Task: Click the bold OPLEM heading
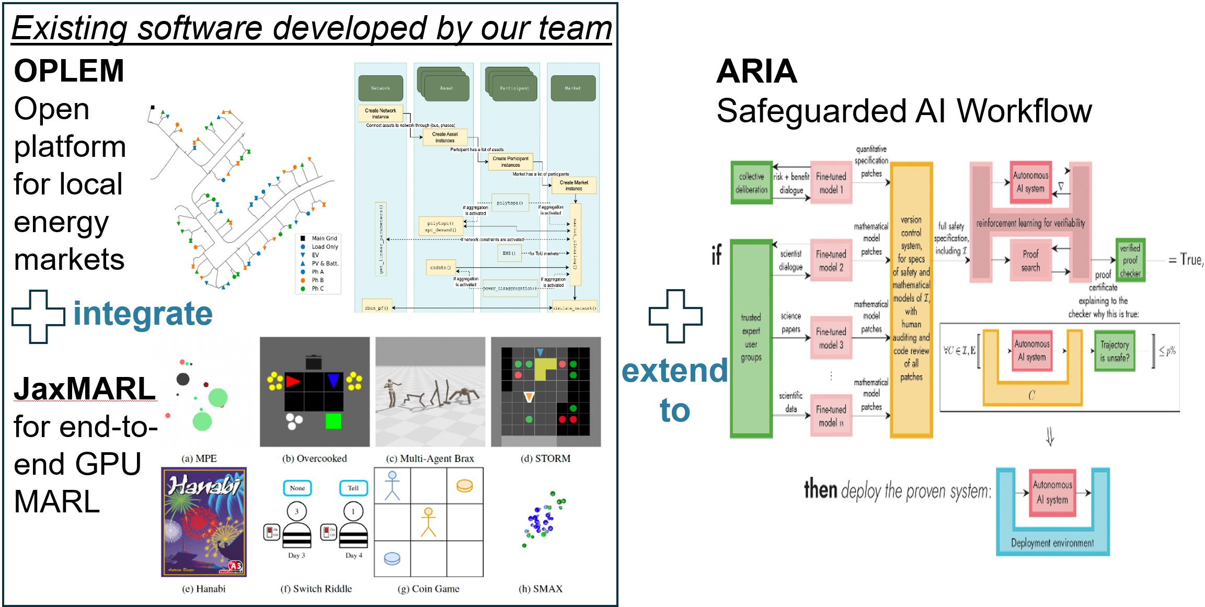click(69, 71)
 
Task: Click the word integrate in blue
click(143, 314)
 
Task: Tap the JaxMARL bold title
click(85, 389)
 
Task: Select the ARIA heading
click(756, 71)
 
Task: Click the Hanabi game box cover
click(204, 522)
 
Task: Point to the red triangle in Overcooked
click(293, 381)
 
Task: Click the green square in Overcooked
click(333, 421)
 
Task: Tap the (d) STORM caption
click(545, 459)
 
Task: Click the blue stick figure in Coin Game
click(392, 485)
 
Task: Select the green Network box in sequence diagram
click(381, 88)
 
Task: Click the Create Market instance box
click(573, 185)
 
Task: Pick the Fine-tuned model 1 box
click(831, 183)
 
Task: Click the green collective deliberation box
click(751, 183)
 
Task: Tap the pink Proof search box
click(1030, 261)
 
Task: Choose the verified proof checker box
click(1130, 260)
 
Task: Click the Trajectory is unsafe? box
click(1115, 351)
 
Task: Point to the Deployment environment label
click(1052, 543)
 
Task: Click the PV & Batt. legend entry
click(325, 264)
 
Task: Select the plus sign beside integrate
click(39, 316)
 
